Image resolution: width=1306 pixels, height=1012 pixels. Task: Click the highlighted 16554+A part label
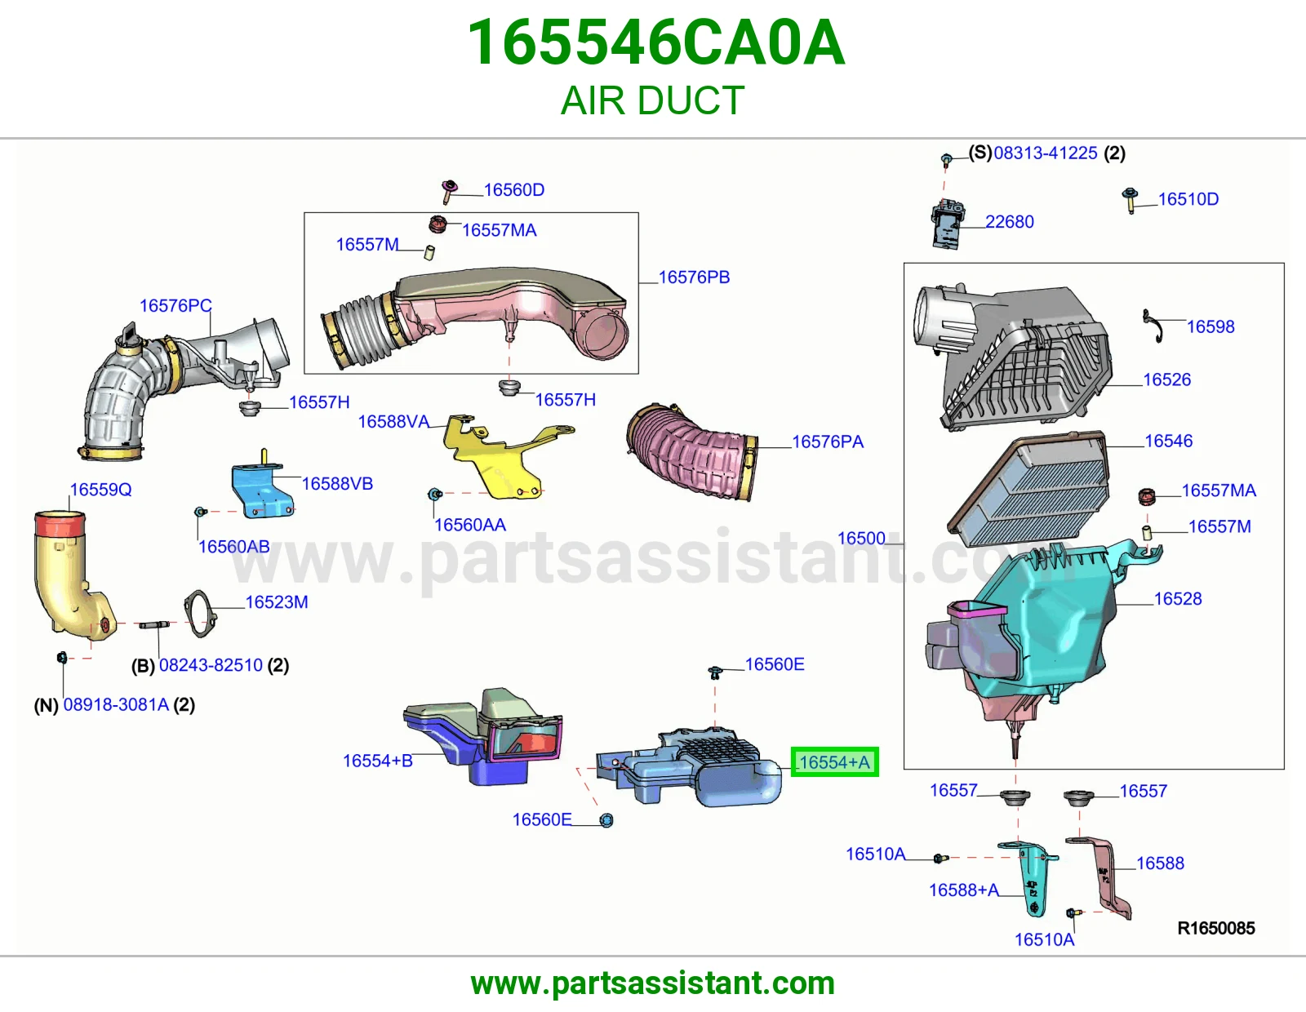click(x=834, y=762)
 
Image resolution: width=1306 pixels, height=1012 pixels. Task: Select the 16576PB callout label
click(x=694, y=277)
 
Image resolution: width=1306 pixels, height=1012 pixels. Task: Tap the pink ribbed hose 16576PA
click(x=691, y=451)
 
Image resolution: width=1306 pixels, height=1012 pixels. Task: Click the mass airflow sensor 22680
click(x=948, y=224)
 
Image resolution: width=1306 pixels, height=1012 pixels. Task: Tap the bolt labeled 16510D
click(x=1130, y=200)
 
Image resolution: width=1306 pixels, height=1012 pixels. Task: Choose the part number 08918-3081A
click(x=116, y=704)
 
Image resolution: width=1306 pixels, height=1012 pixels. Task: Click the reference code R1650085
click(x=1216, y=928)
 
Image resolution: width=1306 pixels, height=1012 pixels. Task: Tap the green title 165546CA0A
click(x=656, y=42)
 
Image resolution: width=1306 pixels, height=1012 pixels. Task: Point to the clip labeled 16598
click(x=1153, y=326)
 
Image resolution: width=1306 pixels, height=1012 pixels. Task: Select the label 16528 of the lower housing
click(x=1177, y=598)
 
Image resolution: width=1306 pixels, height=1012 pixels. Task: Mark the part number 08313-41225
click(x=1045, y=153)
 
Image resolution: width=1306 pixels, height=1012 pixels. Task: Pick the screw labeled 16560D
click(x=448, y=191)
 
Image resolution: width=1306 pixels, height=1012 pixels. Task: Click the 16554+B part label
click(x=377, y=761)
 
